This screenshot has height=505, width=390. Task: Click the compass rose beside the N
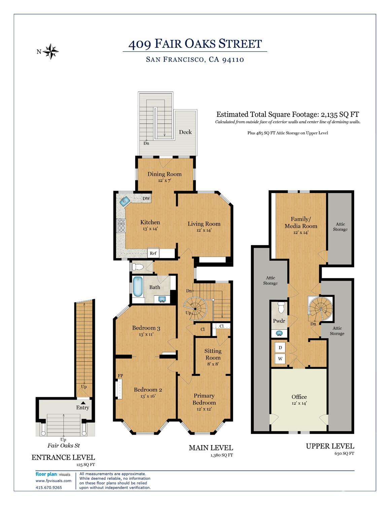point(50,51)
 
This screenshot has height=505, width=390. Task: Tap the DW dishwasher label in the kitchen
point(146,198)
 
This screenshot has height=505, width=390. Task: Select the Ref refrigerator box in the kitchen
point(153,253)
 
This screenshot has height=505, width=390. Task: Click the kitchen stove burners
point(121,226)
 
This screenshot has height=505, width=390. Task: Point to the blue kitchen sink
point(125,200)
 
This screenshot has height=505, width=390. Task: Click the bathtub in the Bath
point(137,287)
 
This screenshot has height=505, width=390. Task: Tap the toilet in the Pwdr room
point(281,307)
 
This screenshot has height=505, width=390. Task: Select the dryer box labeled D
point(280,348)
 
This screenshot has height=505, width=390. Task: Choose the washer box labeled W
point(280,359)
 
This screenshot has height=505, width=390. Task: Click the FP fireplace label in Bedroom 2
point(120,376)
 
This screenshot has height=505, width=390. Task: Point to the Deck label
point(185,132)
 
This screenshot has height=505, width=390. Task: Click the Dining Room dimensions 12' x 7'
point(165,180)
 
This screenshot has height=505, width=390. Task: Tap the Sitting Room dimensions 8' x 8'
point(213,364)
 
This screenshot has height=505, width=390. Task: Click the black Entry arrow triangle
point(83,403)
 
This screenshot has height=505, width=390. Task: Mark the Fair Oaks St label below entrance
point(64,445)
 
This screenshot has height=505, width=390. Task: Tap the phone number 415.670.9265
point(49,487)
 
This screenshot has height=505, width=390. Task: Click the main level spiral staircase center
point(195,309)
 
